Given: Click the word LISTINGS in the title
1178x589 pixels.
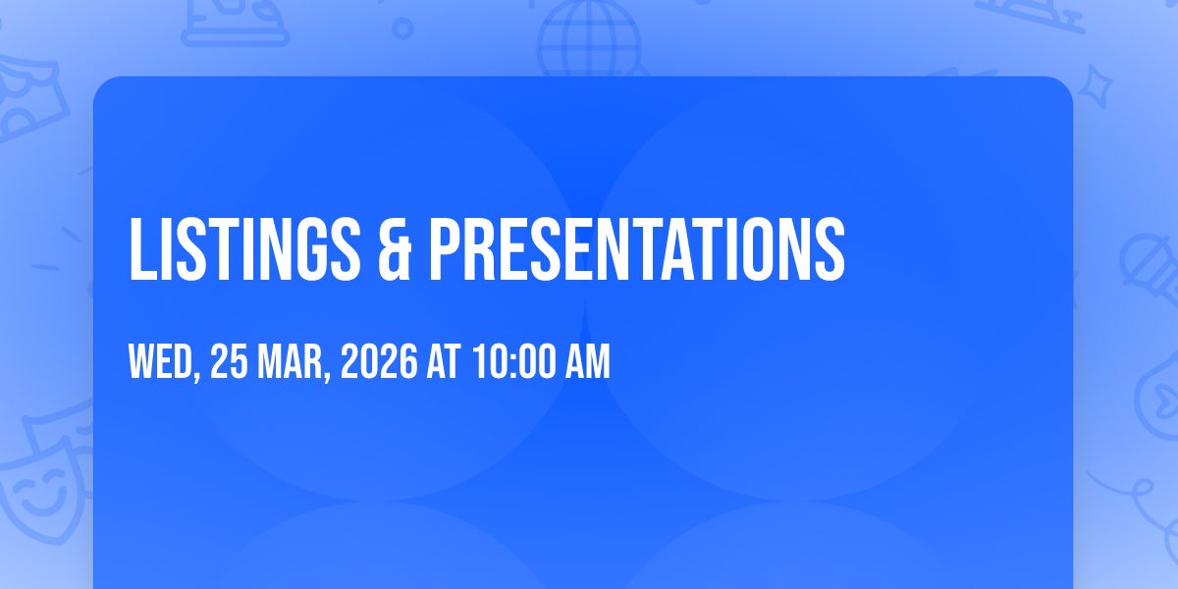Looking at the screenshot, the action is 244,249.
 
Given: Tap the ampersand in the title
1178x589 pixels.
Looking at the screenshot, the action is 395,249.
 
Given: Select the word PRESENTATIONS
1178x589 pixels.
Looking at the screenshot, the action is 637,249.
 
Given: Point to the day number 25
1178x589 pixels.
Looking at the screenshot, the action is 229,361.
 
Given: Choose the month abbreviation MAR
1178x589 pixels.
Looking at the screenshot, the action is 290,361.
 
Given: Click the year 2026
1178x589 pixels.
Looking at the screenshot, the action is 379,361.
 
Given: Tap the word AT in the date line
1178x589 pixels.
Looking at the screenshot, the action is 444,361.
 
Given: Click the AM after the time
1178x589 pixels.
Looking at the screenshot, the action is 587,361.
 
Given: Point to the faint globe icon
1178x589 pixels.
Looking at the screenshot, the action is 589,39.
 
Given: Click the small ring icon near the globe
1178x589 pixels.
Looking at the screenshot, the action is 402,28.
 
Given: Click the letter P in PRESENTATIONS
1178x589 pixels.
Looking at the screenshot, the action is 445,249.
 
